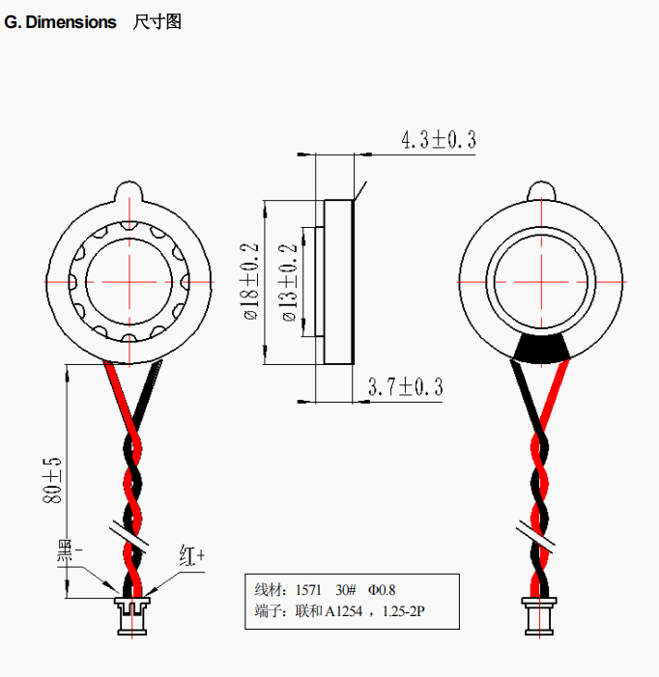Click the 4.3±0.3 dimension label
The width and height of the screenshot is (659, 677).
pyautogui.click(x=439, y=140)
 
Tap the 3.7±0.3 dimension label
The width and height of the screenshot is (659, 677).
pyautogui.click(x=406, y=386)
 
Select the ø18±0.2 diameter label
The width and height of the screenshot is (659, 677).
pyautogui.click(x=251, y=281)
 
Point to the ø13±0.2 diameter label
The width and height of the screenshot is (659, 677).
pyautogui.click(x=290, y=283)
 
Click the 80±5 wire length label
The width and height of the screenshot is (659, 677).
pyautogui.click(x=52, y=480)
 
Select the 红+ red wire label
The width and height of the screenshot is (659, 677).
pyautogui.click(x=191, y=555)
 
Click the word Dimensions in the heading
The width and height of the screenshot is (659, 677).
pyautogui.click(x=71, y=22)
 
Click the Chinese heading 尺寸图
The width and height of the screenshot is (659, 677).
pyautogui.click(x=158, y=21)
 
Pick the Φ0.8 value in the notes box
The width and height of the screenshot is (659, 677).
pyautogui.click(x=382, y=590)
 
